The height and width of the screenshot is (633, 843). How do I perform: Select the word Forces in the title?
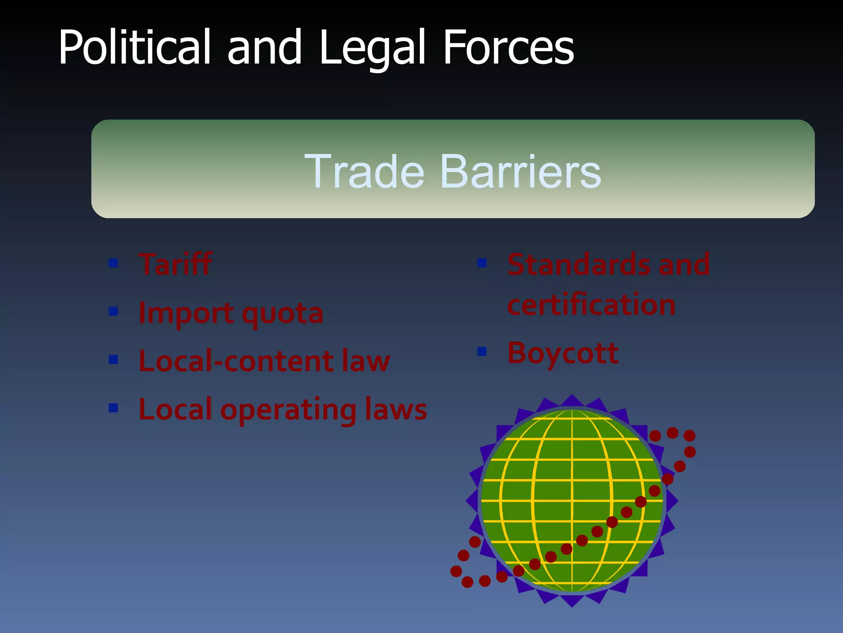[x=508, y=47]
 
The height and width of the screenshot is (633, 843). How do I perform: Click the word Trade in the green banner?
[x=364, y=171]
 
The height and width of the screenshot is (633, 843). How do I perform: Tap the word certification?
[x=591, y=305]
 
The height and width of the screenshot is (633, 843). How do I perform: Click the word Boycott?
[x=563, y=353]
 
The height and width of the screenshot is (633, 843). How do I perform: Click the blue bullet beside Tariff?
[x=113, y=263]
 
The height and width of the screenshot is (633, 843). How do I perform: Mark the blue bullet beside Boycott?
[x=482, y=351]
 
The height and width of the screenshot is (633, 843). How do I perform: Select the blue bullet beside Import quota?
[x=113, y=311]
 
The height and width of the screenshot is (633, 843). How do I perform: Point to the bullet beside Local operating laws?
[x=113, y=408]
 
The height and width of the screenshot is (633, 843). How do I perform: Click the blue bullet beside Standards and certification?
[x=482, y=263]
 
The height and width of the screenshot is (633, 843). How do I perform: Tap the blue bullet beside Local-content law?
[x=113, y=359]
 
